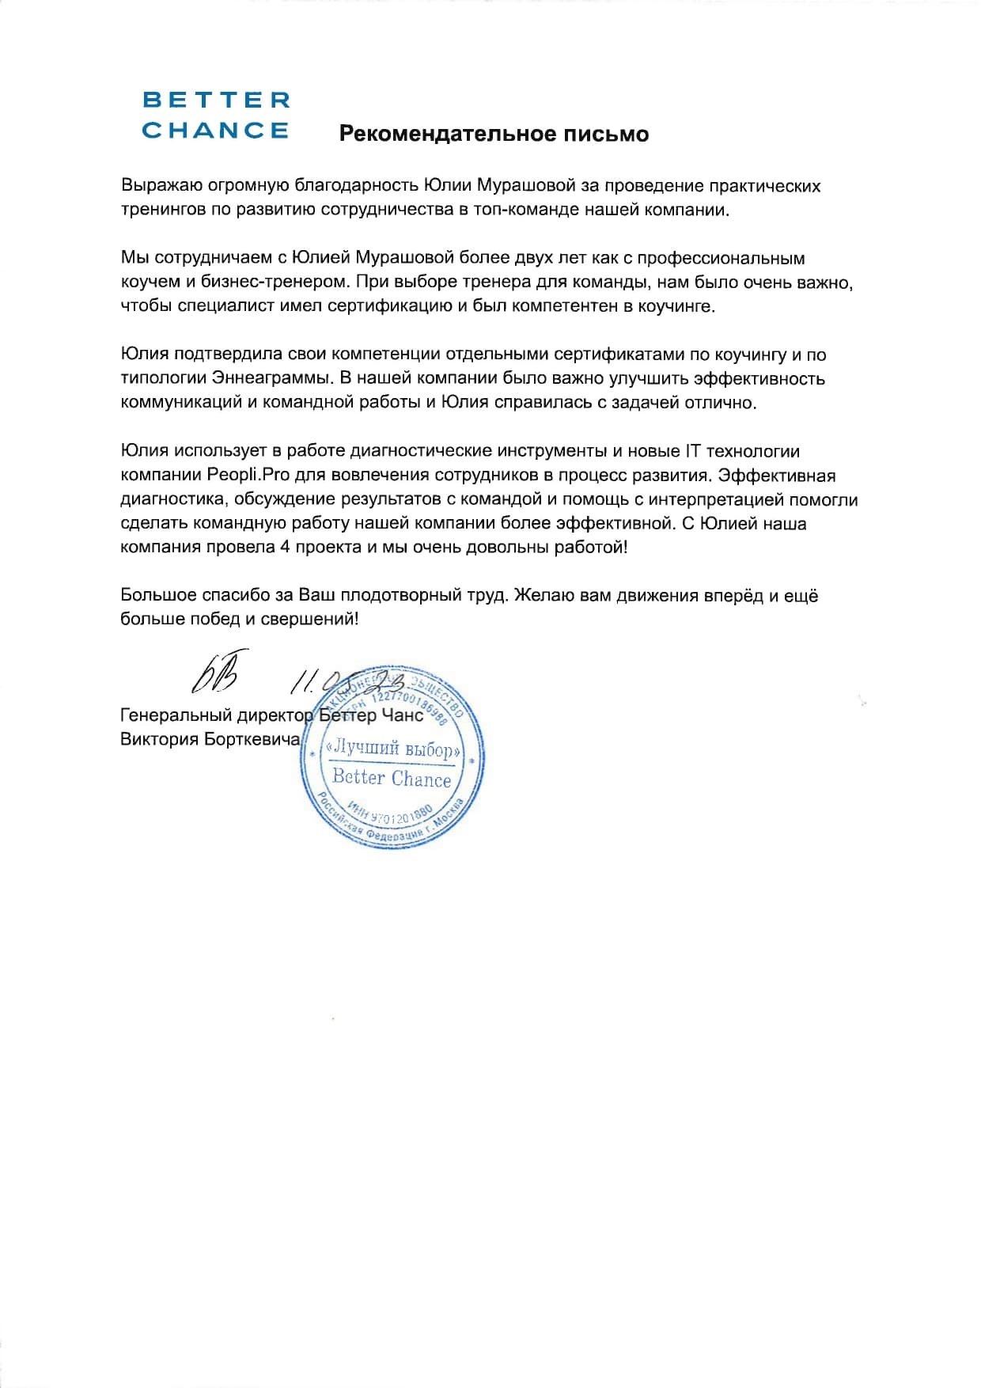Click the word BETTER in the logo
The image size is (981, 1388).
click(x=216, y=100)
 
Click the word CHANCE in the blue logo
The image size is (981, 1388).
click(x=216, y=131)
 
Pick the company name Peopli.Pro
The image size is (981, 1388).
click(x=246, y=476)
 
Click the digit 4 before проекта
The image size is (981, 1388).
click(x=285, y=548)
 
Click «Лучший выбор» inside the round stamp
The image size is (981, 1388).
click(x=392, y=748)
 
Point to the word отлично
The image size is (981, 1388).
click(x=721, y=403)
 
